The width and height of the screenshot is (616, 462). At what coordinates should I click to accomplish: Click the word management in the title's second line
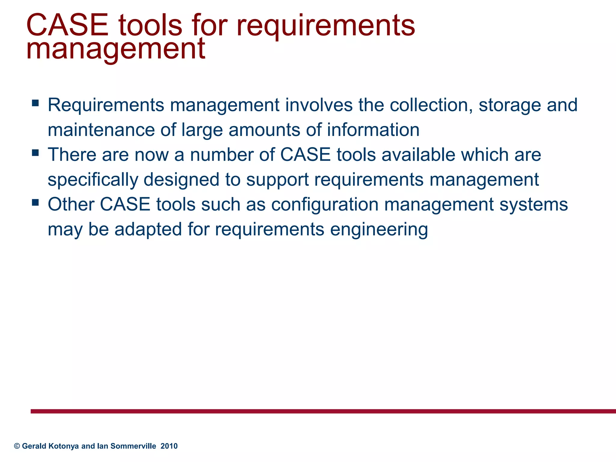pos(116,49)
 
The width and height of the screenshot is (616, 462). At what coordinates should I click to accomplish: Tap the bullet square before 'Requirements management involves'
pos(35,103)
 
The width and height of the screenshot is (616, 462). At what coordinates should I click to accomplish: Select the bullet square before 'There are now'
pos(35,153)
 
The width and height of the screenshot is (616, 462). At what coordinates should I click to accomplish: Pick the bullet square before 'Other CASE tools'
pos(35,203)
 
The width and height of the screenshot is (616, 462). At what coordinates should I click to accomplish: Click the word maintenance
pos(101,130)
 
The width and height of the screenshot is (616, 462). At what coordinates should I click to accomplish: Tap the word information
pos(373,130)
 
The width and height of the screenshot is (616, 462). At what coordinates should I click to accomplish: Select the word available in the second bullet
pos(418,155)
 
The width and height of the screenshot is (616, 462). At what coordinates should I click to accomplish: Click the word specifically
pos(93,180)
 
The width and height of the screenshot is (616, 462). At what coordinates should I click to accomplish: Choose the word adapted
pos(148,229)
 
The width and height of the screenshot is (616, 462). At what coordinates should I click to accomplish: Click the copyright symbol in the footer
pos(17,446)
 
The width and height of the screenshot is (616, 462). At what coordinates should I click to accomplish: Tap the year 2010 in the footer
pos(169,446)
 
